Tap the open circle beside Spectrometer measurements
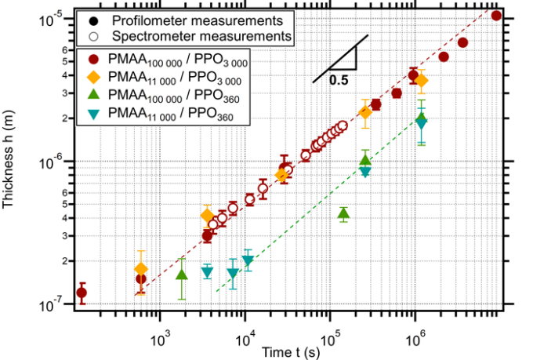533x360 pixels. tap(94, 35)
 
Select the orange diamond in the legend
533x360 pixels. tap(93, 78)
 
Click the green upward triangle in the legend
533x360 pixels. tap(93, 96)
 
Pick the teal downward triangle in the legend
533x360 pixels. tap(93, 115)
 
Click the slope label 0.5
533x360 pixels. tap(339, 79)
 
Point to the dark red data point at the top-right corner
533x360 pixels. tap(495, 15)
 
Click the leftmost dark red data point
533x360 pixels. tap(82, 293)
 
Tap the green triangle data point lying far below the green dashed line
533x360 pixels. tap(343, 213)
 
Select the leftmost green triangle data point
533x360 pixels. tap(182, 275)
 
